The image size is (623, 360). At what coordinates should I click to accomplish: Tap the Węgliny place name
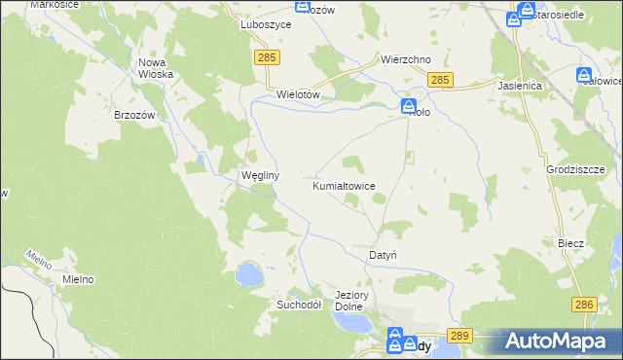(260, 176)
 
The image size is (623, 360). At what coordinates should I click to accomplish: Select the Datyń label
(383, 255)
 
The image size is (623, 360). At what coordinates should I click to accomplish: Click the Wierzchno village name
(406, 59)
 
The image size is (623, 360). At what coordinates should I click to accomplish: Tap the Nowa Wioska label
(156, 68)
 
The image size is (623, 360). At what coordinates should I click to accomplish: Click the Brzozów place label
(135, 114)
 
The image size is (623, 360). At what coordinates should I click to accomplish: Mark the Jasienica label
(519, 86)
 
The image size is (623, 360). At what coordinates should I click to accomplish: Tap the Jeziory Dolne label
(348, 301)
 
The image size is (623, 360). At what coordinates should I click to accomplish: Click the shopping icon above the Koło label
(410, 105)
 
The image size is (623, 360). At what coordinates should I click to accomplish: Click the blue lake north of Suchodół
(248, 273)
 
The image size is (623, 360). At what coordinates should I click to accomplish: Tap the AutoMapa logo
(559, 342)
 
